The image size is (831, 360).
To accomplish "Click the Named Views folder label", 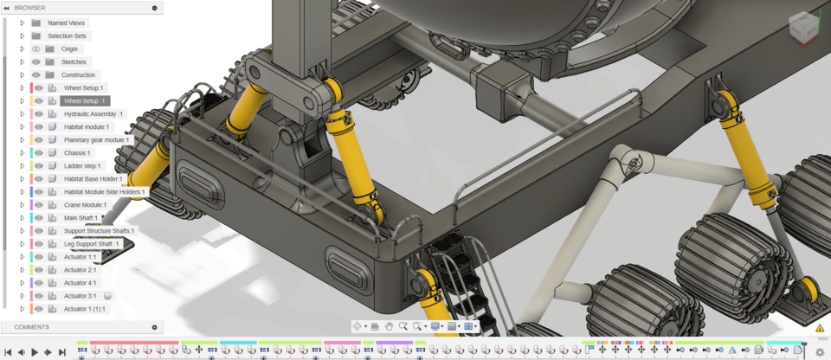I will click(x=66, y=22).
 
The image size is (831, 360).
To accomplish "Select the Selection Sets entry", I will click(x=67, y=36).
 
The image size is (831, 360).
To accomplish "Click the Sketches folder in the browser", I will click(x=74, y=62).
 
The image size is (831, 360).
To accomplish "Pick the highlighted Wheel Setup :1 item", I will click(x=84, y=101).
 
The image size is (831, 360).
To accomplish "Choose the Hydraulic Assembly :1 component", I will click(x=93, y=114).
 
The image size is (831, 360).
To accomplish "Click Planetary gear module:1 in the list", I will click(x=96, y=140).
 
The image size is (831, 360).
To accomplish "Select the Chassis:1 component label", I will click(x=77, y=153).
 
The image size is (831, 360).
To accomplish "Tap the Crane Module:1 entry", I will click(x=85, y=205).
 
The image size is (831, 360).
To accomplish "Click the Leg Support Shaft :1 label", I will click(x=91, y=244).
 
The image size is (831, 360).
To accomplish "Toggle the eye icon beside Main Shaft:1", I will click(x=39, y=218).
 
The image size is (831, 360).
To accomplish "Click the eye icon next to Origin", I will click(x=36, y=49).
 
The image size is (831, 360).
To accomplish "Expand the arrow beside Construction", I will click(x=23, y=75).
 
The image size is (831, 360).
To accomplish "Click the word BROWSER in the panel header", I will click(x=29, y=8).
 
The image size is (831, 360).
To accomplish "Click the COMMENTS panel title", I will click(x=32, y=327).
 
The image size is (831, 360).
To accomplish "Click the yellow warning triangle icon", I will click(x=820, y=328).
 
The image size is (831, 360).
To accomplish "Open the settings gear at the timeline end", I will click(x=820, y=352).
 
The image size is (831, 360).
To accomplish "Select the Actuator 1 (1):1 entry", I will click(x=85, y=309).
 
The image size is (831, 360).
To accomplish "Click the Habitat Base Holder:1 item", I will click(x=93, y=179).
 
